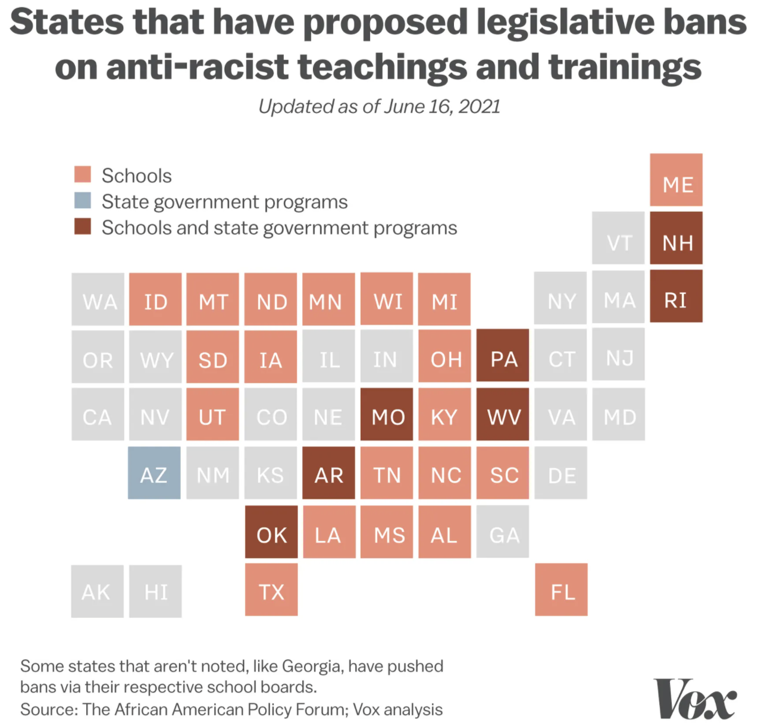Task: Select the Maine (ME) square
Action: [x=676, y=180]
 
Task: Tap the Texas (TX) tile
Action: [x=271, y=590]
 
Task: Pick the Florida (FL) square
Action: [x=561, y=590]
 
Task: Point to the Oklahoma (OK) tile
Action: [x=271, y=533]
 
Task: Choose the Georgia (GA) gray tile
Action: [x=503, y=532]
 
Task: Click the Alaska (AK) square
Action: [x=97, y=591]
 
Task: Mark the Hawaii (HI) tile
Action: [x=155, y=591]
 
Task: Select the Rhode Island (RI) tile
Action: [x=676, y=296]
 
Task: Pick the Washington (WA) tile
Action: [x=98, y=299]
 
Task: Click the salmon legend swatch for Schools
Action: [x=83, y=174]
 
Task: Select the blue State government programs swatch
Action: [x=83, y=201]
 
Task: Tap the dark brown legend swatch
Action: [x=83, y=227]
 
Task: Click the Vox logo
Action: [x=694, y=699]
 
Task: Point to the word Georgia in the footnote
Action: [x=312, y=666]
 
